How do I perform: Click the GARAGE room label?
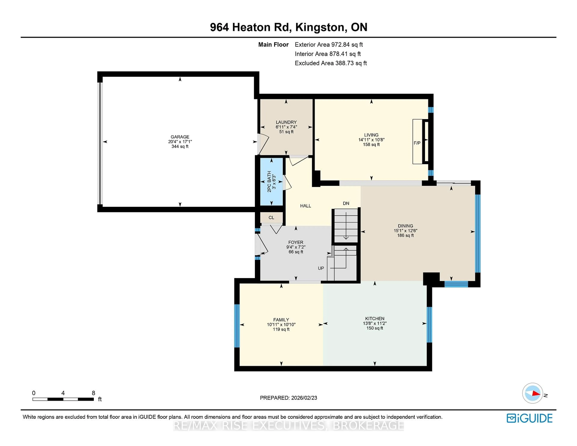click(180, 137)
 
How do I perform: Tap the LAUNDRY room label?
click(286, 122)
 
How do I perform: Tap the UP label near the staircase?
click(321, 268)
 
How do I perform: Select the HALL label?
click(305, 206)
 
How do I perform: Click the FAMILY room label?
click(281, 320)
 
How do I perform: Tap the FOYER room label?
click(296, 242)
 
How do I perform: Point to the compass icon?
click(532, 393)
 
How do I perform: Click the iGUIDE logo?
click(530, 418)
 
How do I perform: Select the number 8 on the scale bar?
click(93, 393)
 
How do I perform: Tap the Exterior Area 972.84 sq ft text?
click(329, 45)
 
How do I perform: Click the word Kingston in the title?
click(320, 27)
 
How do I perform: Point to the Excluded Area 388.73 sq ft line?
click(331, 63)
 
